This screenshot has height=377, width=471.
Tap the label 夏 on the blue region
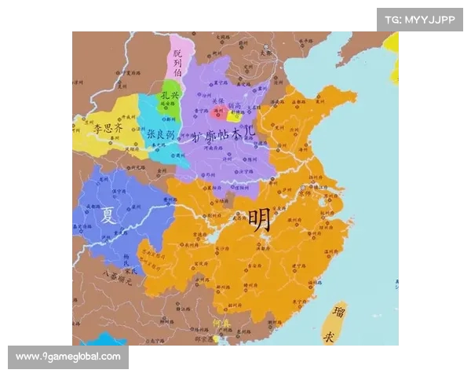click(x=108, y=214)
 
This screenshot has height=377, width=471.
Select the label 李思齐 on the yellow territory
click(x=108, y=126)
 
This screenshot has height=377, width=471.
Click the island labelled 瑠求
click(x=340, y=324)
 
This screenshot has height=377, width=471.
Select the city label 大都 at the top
click(x=272, y=53)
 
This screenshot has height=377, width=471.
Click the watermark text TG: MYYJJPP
click(x=419, y=20)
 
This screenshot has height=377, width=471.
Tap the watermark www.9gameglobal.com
click(x=68, y=357)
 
